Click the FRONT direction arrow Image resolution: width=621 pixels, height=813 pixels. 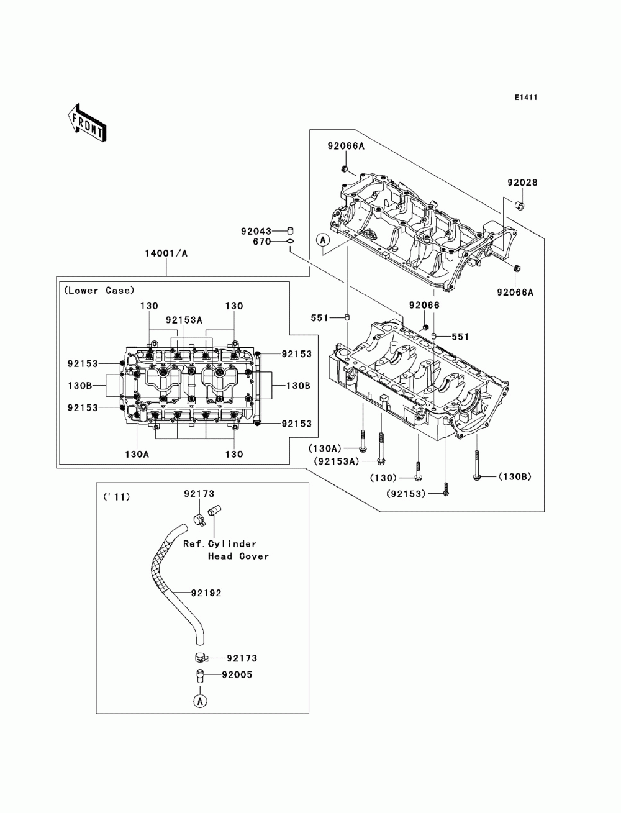click(x=87, y=122)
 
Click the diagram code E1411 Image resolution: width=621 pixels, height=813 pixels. click(x=526, y=98)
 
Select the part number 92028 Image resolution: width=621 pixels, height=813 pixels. click(x=522, y=183)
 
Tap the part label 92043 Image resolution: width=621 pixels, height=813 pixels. click(x=256, y=232)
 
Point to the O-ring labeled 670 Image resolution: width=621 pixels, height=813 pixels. click(x=291, y=242)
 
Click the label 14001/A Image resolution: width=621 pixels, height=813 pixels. click(x=166, y=253)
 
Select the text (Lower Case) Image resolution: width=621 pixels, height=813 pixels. click(x=99, y=291)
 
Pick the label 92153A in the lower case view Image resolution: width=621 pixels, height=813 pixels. click(x=184, y=320)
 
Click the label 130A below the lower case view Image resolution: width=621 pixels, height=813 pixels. click(x=137, y=454)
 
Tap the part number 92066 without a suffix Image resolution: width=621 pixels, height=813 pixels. click(x=424, y=305)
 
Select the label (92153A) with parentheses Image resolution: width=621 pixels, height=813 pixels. click(x=337, y=461)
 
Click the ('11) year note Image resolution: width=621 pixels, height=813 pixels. click(x=117, y=497)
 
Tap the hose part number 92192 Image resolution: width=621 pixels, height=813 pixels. click(x=206, y=593)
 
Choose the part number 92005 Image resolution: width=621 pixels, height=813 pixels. click(x=237, y=675)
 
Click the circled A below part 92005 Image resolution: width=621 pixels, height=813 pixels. click(x=200, y=701)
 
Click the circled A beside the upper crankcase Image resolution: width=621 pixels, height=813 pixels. click(x=322, y=240)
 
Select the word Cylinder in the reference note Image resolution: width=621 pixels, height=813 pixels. click(x=232, y=544)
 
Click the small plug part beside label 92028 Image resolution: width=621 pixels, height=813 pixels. click(x=520, y=205)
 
